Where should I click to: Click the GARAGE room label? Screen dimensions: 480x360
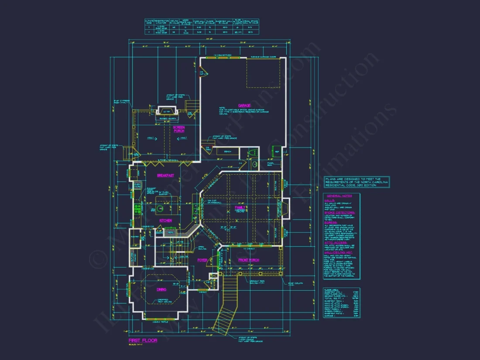pos(244,105)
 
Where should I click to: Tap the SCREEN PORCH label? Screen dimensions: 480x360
pos(179,129)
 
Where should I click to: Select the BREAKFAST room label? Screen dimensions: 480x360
pos(165,175)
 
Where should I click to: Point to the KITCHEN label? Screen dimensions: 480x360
pos(165,221)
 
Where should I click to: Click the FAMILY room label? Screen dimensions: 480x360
pos(240,208)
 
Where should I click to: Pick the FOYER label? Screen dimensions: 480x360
pos(202,260)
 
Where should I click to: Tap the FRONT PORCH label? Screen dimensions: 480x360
pos(248,260)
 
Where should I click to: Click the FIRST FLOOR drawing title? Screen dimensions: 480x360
pos(143,340)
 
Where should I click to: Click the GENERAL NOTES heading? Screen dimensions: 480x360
pos(339,196)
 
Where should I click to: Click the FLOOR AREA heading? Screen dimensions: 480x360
pos(332,289)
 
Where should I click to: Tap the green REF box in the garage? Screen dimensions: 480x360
pos(277,152)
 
